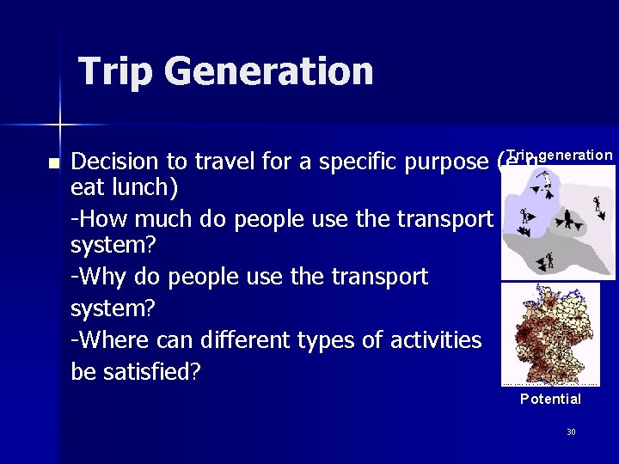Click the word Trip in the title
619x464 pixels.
[x=116, y=71]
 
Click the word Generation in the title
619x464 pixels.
[x=269, y=71]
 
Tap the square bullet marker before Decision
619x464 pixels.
[x=53, y=162]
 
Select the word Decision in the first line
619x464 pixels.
[x=115, y=162]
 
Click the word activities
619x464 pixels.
[x=428, y=340]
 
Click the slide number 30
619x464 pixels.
[x=571, y=431]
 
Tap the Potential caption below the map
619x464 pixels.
[x=550, y=399]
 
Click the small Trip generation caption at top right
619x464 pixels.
[x=560, y=155]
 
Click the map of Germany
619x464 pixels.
[x=550, y=334]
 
